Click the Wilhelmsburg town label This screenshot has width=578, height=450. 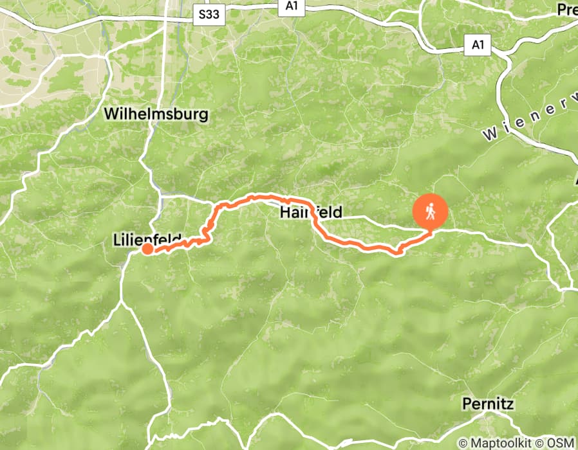(156, 115)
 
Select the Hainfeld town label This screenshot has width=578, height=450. (311, 212)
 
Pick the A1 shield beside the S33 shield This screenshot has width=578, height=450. (290, 6)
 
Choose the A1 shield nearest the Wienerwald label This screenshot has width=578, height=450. (478, 45)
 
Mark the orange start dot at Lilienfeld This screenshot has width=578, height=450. (147, 249)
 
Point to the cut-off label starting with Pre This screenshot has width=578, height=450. (567, 10)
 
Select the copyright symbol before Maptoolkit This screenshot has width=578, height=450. (462, 443)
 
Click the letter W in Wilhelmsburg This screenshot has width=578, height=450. (111, 115)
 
